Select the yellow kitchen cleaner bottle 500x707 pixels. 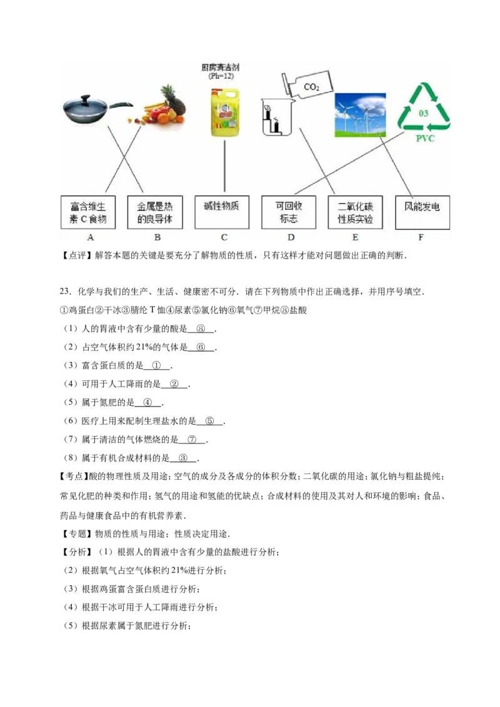pos(224,112)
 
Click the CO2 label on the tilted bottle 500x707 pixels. pos(311,87)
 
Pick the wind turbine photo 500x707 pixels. pos(360,115)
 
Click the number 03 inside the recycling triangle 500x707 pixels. pos(424,114)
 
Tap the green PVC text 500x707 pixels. pos(425,139)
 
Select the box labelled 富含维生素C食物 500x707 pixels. pos(88,212)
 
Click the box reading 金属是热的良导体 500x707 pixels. pos(155,212)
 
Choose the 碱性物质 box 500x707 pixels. pos(222,212)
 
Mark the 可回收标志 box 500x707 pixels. pos(289,212)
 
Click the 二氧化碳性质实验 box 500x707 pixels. pos(355,212)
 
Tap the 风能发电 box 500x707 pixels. pos(422,212)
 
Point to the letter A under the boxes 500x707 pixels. pos(91,237)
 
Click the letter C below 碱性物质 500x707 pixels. pos(224,237)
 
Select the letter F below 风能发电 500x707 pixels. pos(421,237)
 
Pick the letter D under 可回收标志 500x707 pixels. pos(291,237)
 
